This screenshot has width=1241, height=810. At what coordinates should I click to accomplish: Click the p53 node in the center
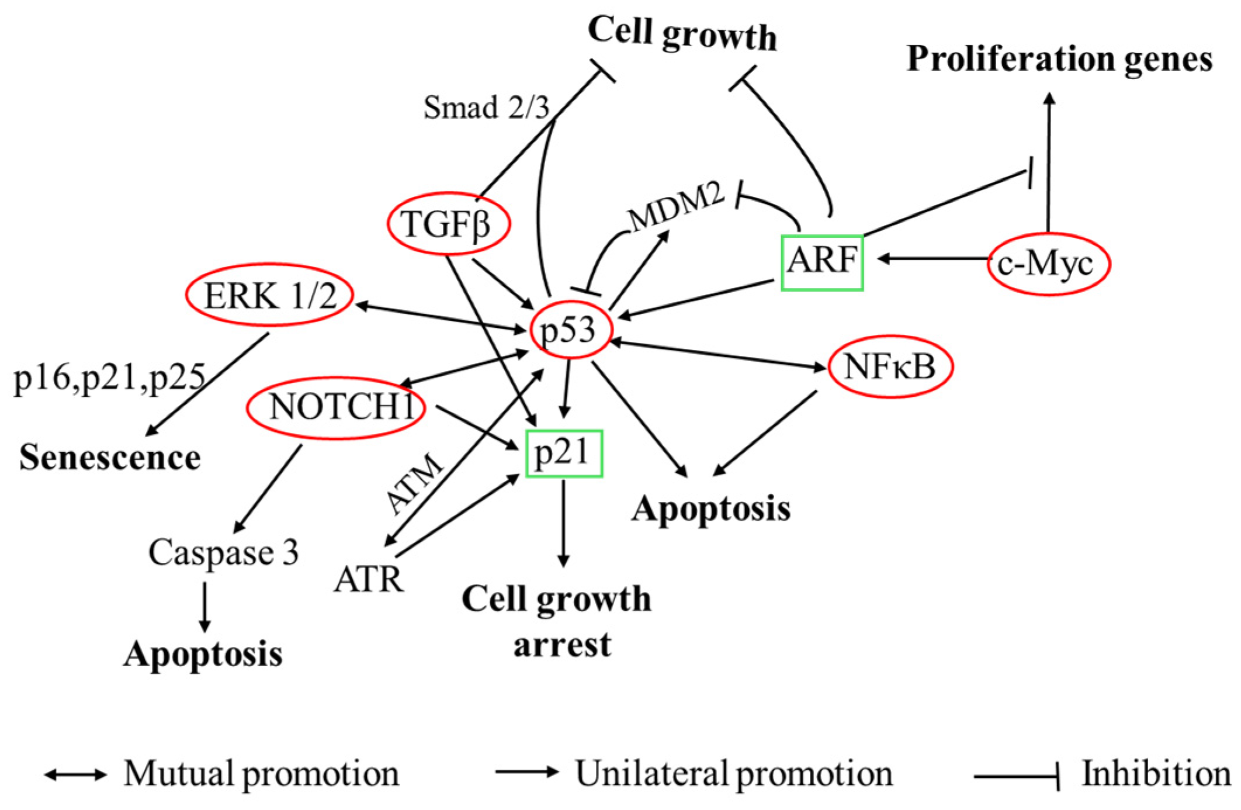click(x=570, y=330)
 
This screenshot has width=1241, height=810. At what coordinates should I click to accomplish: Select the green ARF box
click(x=822, y=262)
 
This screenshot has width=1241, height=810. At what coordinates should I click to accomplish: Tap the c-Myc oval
click(x=1048, y=264)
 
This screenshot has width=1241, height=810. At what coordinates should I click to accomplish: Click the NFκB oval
click(x=890, y=367)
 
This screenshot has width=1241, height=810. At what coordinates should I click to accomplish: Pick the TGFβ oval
click(x=448, y=224)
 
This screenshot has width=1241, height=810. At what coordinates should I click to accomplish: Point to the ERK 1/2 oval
click(x=270, y=295)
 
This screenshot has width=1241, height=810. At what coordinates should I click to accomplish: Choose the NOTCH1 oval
click(x=337, y=407)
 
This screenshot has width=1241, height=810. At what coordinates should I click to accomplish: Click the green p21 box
click(x=564, y=454)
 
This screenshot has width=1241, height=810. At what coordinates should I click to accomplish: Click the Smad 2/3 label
click(x=486, y=108)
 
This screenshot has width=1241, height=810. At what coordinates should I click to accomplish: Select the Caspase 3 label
click(x=223, y=552)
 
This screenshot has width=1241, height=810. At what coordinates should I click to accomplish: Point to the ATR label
click(x=369, y=580)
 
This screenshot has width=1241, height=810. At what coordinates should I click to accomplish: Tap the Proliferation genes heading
click(x=1059, y=60)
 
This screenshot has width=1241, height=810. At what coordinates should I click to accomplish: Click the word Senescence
click(x=110, y=457)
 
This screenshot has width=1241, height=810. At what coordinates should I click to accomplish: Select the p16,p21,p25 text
click(x=110, y=377)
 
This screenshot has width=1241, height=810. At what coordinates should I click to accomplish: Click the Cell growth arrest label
click(x=556, y=621)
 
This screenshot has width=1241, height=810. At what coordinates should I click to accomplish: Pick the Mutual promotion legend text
click(x=262, y=774)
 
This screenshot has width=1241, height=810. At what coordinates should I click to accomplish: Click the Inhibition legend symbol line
click(x=1017, y=777)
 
